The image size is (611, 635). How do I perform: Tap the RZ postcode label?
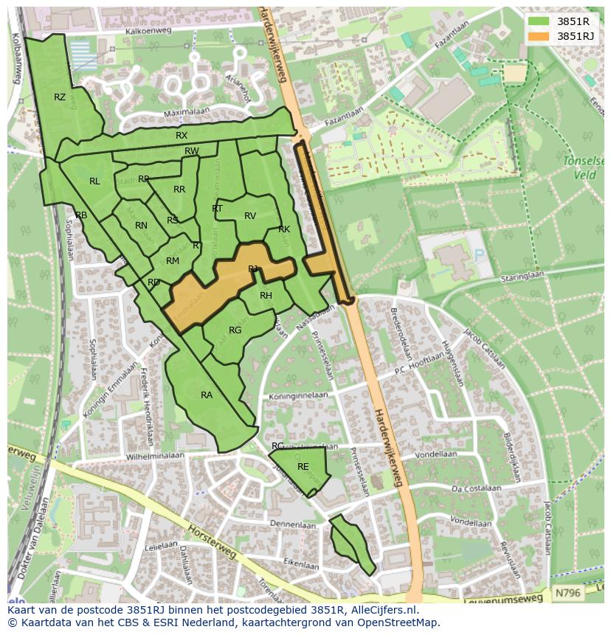tap(60, 97)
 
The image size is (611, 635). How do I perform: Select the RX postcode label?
tap(182, 136)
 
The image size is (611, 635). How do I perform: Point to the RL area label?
tap(94, 181)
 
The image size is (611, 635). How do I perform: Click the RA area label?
tap(207, 395)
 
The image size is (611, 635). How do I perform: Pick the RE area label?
tap(303, 467)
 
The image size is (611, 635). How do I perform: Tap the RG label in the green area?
tap(235, 330)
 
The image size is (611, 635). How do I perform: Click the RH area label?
tap(266, 296)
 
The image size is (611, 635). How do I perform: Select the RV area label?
tap(250, 216)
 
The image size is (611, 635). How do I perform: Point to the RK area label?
tap(284, 229)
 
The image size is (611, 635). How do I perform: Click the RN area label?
tap(141, 226)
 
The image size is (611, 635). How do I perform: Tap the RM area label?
tap(173, 261)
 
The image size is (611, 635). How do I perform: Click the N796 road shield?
tap(567, 592)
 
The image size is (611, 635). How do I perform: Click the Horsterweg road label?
tap(212, 542)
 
